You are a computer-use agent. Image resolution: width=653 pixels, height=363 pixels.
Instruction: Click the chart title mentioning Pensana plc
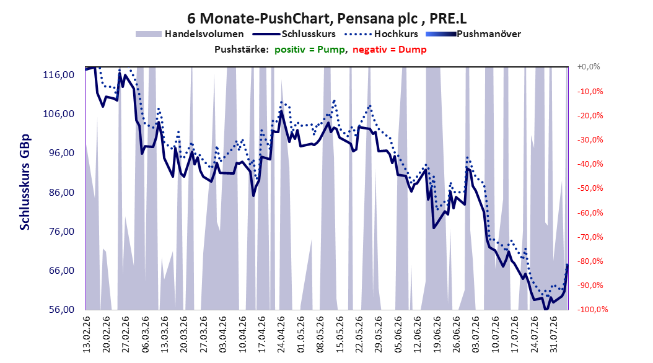pos(327,19)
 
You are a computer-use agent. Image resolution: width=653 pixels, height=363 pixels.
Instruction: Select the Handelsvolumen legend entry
pos(190,34)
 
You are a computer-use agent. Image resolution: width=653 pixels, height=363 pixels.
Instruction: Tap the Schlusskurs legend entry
pos(294,34)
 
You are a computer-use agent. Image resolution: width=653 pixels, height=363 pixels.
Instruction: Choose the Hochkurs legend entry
pos(380,34)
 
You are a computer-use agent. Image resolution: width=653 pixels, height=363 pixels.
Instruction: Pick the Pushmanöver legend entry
pos(473,34)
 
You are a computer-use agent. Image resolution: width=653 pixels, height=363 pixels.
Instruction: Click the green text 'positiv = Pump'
pos(310,50)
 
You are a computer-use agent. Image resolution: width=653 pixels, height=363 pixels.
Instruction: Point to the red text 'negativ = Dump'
pos(390,50)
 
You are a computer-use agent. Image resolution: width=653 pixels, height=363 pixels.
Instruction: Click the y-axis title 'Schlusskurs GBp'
pos(25,182)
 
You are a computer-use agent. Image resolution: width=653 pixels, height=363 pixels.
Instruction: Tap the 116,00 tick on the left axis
pos(59,75)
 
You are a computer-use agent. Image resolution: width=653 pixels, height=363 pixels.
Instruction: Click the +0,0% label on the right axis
pos(589,67)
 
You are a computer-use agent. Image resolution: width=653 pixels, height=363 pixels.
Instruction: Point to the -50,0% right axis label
pos(590,188)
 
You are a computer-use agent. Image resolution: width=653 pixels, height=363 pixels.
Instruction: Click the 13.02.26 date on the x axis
pos(87,335)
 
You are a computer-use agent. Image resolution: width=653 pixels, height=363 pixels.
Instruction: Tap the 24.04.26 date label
pos(281,335)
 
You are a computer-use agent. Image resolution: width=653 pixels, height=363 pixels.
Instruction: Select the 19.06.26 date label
pos(437,335)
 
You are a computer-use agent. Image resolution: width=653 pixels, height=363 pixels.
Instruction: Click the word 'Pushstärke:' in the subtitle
pos(242,50)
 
